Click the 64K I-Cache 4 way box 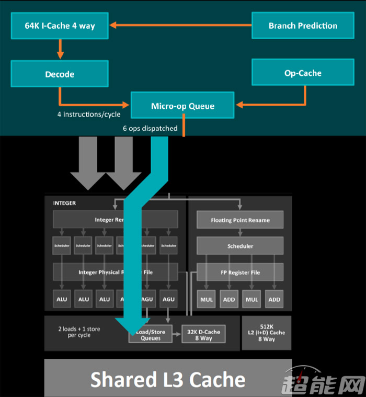60,26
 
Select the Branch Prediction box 302,26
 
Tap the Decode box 60,74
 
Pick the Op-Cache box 302,73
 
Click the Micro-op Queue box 182,106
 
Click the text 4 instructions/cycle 89,114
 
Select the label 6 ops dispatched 150,128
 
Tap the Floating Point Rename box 240,220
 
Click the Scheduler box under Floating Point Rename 240,246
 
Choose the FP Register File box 240,273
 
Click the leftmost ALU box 62,299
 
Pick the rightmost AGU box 168,299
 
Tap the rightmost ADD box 274,299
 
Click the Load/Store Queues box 151,335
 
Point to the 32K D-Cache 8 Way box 203,335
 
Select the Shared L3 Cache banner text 168,379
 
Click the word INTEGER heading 64,203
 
